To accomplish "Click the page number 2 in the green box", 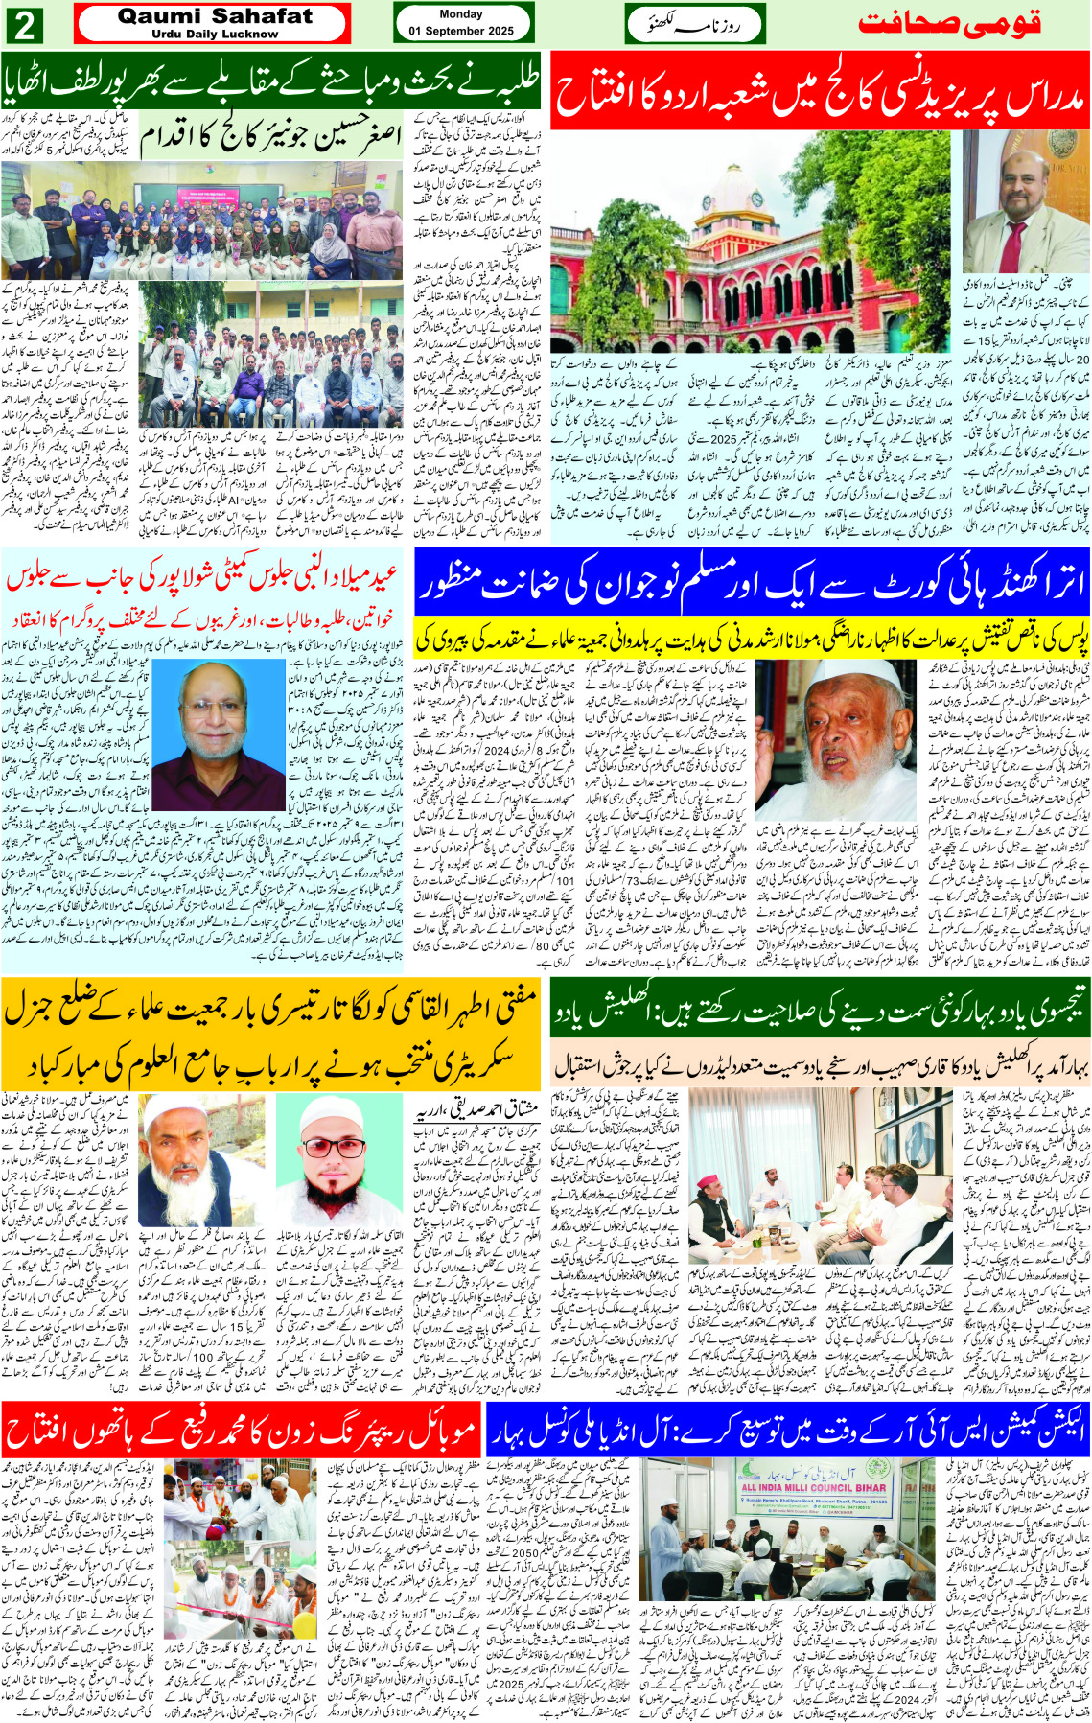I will [24, 25].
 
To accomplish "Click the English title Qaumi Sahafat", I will [214, 16].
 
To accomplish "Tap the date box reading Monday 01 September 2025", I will [461, 23].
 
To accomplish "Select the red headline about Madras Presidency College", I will [820, 90].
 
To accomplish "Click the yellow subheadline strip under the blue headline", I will [753, 638].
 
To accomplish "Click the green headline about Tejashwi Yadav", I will [820, 1013].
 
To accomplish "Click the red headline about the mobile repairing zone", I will [240, 1430].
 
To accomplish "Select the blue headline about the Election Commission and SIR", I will [787, 1430].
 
